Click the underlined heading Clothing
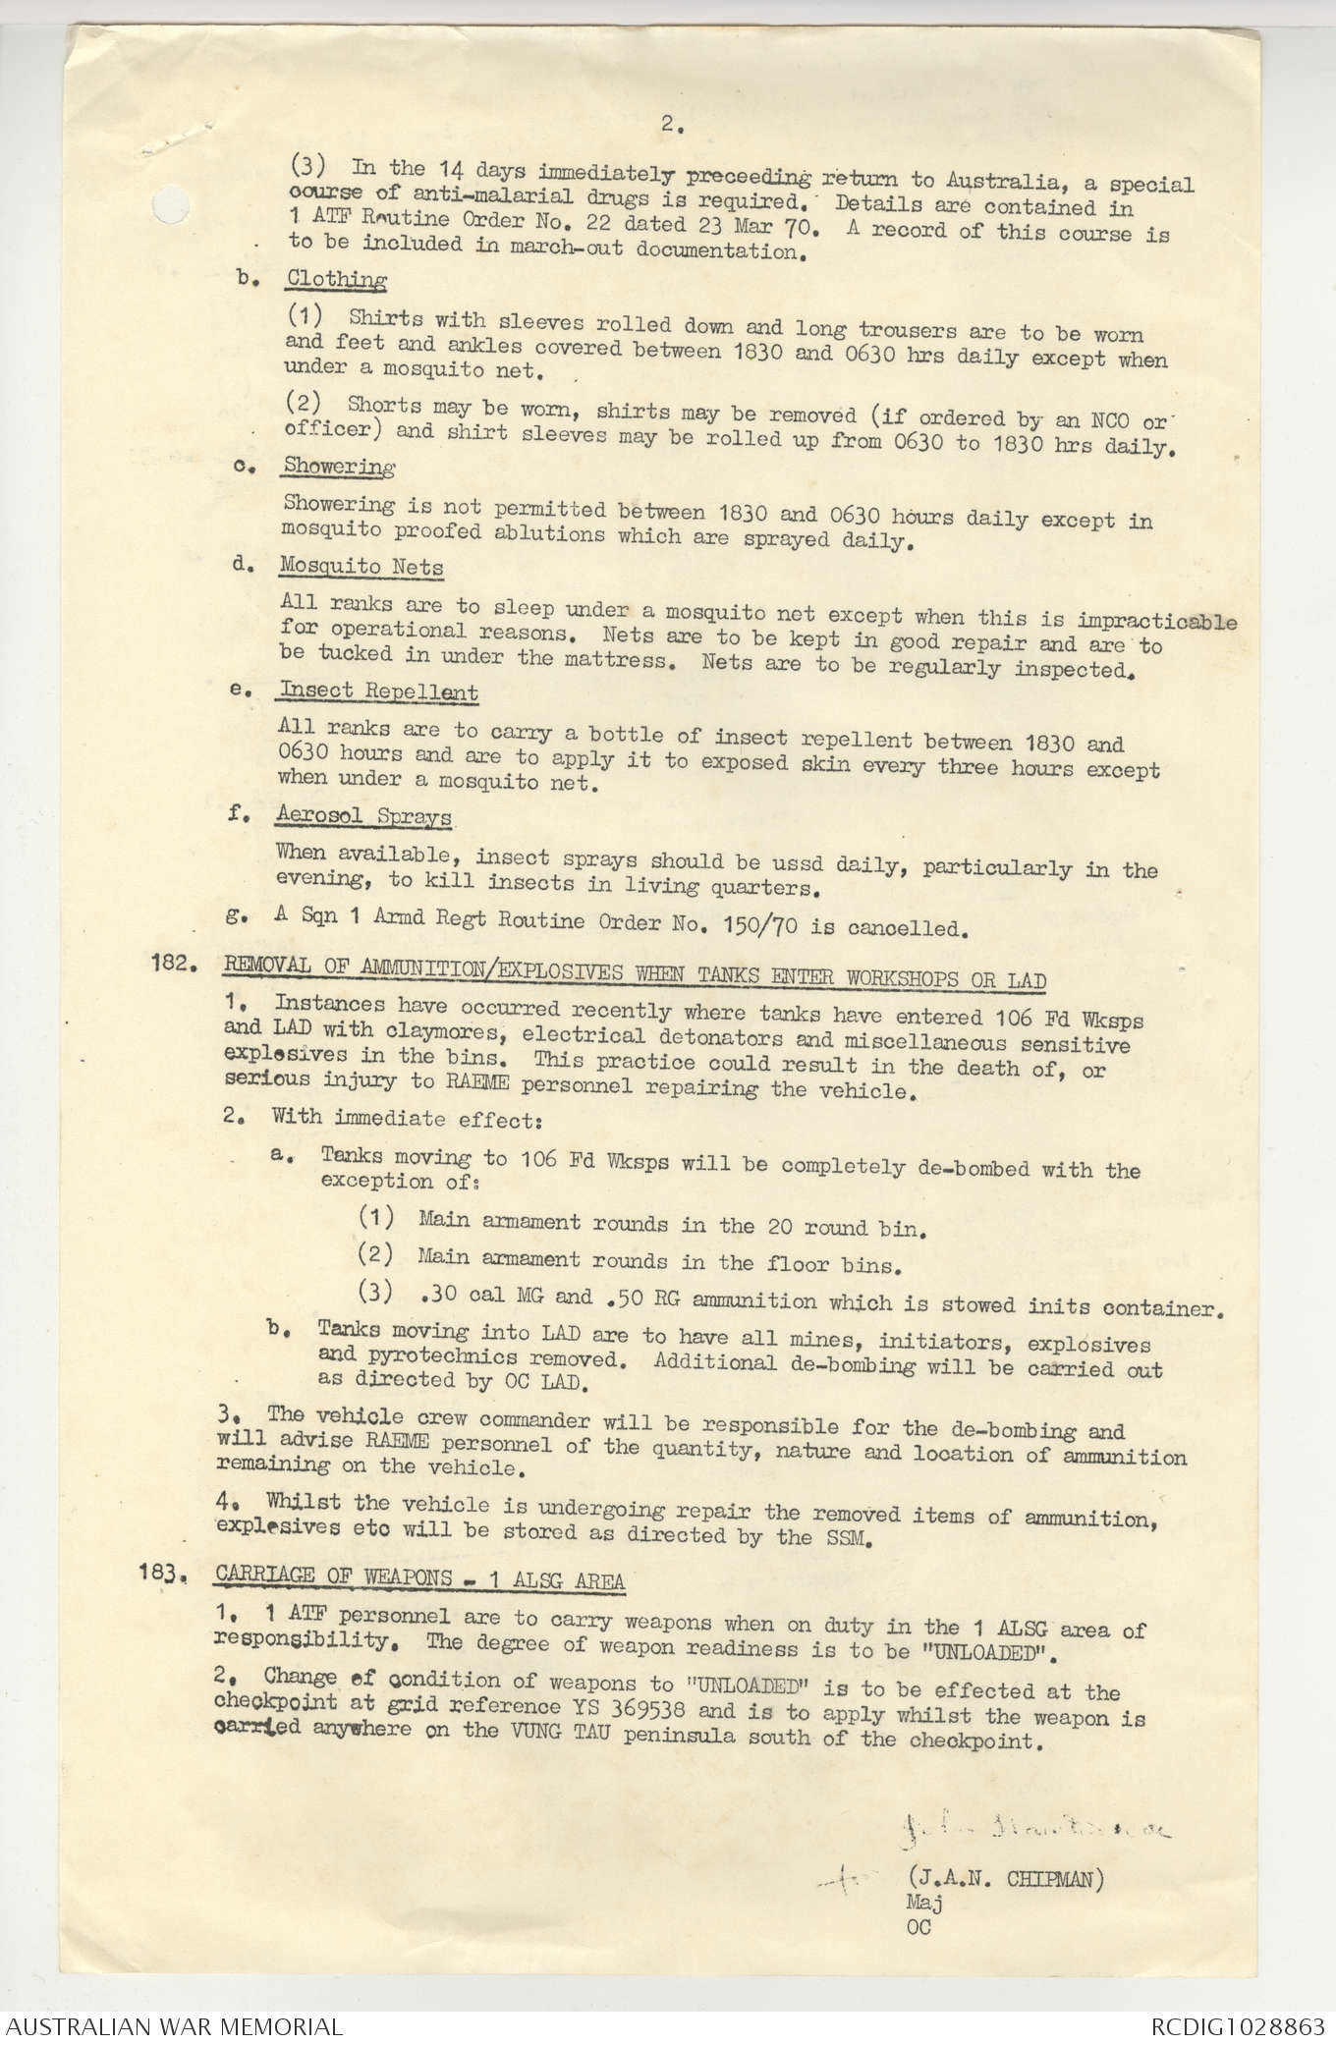point(336,279)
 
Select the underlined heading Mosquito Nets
point(362,567)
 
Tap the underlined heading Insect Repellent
point(378,691)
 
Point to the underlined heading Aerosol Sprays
point(363,815)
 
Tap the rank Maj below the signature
point(923,1903)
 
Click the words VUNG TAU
point(568,1732)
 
